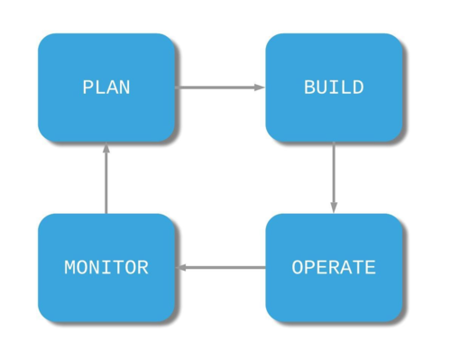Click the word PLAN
coord(106,88)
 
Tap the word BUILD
coord(334,88)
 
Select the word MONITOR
coord(106,268)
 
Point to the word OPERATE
coord(334,268)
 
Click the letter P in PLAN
coord(87,88)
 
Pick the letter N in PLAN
coord(124,88)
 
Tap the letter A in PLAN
coord(112,88)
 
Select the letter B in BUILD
coord(309,88)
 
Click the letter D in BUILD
coord(358,88)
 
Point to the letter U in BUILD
coord(322,88)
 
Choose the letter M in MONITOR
coord(70,268)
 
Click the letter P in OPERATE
coord(309,268)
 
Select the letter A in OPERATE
coord(345,268)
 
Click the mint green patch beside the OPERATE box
coord(427,271)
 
